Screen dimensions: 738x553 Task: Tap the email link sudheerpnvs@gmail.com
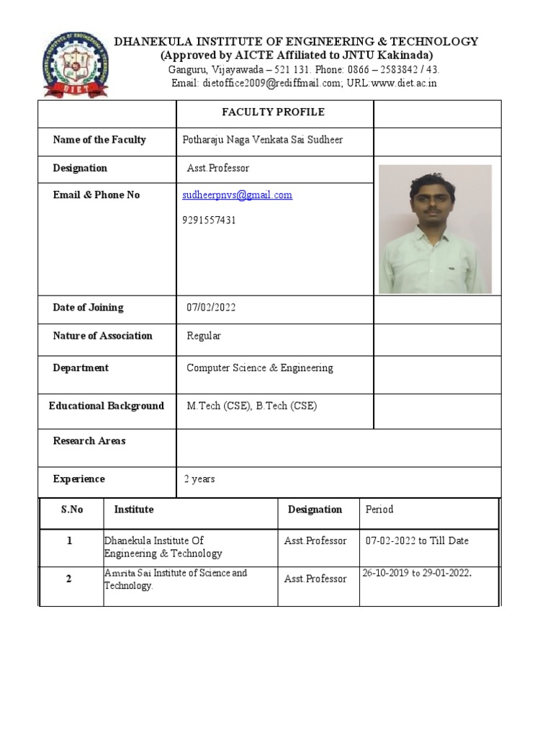[x=237, y=195]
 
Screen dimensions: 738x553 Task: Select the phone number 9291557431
[x=210, y=221]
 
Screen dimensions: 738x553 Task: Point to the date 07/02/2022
[x=211, y=308]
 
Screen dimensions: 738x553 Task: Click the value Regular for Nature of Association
[x=204, y=336]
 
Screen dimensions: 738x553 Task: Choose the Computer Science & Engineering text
[x=259, y=368]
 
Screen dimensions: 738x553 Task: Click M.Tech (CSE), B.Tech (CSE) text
[x=251, y=406]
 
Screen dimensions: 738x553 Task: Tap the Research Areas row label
[x=89, y=441]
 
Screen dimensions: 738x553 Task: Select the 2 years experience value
[x=199, y=479]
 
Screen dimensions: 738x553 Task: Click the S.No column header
[x=72, y=510]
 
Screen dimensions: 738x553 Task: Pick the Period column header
[x=379, y=510]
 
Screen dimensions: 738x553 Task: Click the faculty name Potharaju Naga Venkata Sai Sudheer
[x=262, y=140]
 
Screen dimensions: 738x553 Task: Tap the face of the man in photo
[x=431, y=197]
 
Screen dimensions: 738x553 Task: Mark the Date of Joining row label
[x=88, y=308]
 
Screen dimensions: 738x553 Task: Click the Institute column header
[x=134, y=510]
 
